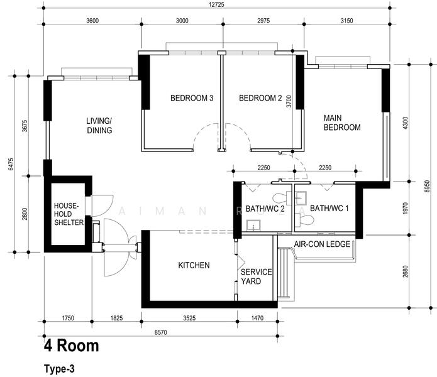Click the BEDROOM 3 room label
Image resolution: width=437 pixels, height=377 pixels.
click(x=192, y=98)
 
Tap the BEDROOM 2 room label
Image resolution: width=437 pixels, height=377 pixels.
click(x=260, y=98)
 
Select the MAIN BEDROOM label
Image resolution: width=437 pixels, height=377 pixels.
click(x=342, y=123)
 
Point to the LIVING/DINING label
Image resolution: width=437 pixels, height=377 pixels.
click(x=99, y=126)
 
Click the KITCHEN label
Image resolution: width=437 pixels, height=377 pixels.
click(x=194, y=265)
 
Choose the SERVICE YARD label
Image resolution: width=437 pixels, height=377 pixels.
click(x=256, y=276)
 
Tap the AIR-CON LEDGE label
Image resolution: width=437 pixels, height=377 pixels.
click(x=322, y=244)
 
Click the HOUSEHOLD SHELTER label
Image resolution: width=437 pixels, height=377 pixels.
click(x=69, y=214)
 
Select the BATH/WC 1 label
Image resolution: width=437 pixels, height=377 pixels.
click(x=329, y=208)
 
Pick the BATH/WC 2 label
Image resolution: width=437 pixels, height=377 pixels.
click(x=265, y=209)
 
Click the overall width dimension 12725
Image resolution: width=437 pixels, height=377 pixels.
click(x=216, y=4)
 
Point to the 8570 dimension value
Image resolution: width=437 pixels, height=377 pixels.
click(x=161, y=332)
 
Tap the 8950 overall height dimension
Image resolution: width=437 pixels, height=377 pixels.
click(x=427, y=186)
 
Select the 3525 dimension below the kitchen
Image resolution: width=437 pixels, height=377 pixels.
click(x=189, y=318)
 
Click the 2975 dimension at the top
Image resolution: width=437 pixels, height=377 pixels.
click(x=263, y=21)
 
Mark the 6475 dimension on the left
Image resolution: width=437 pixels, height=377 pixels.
click(x=11, y=164)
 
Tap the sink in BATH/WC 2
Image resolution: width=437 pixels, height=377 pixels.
click(x=253, y=225)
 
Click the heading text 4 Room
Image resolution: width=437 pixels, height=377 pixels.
click(x=71, y=346)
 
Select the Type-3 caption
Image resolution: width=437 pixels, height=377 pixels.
click(x=59, y=369)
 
